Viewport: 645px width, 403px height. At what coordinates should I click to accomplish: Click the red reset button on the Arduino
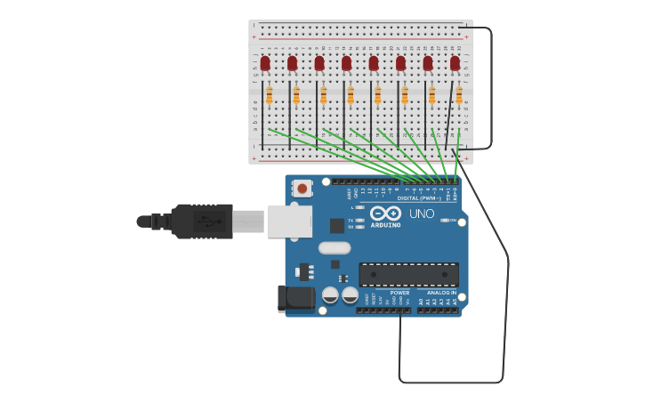pyautogui.click(x=302, y=189)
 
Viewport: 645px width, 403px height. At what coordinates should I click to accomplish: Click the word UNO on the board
pyautogui.click(x=422, y=214)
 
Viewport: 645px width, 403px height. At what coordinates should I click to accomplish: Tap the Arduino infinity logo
pyautogui.click(x=386, y=214)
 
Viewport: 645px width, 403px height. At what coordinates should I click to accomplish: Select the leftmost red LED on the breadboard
pyautogui.click(x=265, y=63)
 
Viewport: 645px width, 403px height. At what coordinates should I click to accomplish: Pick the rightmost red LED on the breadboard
pyautogui.click(x=455, y=63)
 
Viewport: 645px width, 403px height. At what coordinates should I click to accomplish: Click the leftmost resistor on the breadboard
pyautogui.click(x=269, y=94)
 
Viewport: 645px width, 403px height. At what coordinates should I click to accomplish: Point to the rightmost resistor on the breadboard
pyautogui.click(x=459, y=94)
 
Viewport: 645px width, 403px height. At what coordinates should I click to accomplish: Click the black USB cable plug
pyautogui.click(x=203, y=221)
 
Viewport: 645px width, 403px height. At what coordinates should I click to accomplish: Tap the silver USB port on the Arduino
pyautogui.click(x=290, y=221)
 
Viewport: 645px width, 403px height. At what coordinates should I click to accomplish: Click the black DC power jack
pyautogui.click(x=295, y=299)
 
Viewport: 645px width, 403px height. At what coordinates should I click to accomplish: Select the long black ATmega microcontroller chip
pyautogui.click(x=408, y=274)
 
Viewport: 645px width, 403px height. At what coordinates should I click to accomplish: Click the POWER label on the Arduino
pyautogui.click(x=400, y=293)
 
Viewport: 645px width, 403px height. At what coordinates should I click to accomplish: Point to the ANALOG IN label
pyautogui.click(x=441, y=293)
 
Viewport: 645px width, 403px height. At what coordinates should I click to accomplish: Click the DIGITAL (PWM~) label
pyautogui.click(x=419, y=198)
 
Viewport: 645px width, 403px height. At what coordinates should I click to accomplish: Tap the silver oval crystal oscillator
pyautogui.click(x=335, y=248)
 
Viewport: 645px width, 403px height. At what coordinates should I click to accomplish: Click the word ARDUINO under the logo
pyautogui.click(x=385, y=225)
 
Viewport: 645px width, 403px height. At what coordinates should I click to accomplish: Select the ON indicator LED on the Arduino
pyautogui.click(x=444, y=220)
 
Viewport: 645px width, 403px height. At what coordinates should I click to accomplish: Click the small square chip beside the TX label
pyautogui.click(x=337, y=226)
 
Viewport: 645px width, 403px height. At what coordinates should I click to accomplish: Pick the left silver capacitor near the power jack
pyautogui.click(x=330, y=294)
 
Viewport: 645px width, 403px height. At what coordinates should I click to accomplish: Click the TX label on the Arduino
pyautogui.click(x=351, y=220)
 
